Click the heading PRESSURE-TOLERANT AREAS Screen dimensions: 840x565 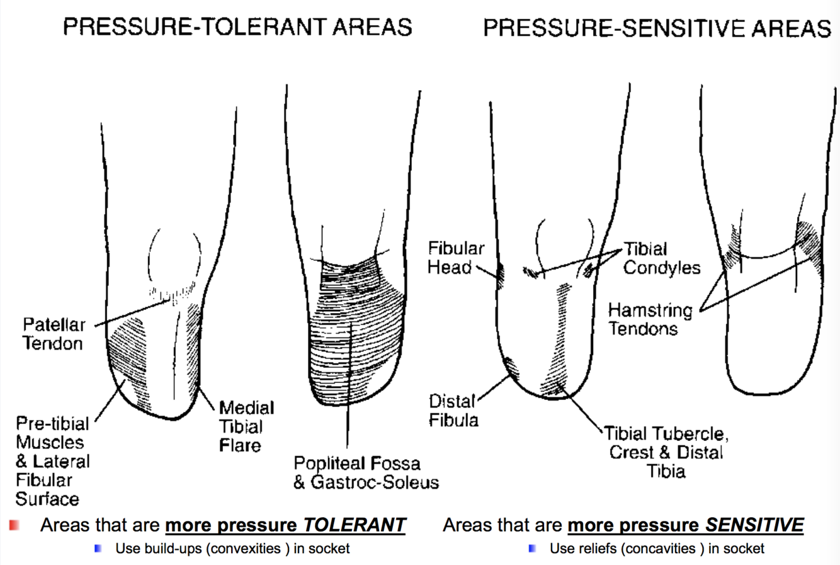coord(237,26)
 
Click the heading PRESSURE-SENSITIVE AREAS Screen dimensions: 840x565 coord(657,28)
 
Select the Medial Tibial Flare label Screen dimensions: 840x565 coord(246,426)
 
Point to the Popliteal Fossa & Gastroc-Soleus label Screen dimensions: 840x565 coord(365,473)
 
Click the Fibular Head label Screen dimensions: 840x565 coord(456,258)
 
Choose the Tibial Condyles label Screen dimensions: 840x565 coord(661,258)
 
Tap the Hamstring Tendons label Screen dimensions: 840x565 coord(649,319)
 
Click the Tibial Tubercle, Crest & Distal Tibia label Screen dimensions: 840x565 coord(666,452)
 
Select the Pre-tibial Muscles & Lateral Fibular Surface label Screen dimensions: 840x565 coord(53,461)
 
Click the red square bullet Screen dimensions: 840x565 coord(14,525)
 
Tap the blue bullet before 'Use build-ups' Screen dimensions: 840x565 coord(98,549)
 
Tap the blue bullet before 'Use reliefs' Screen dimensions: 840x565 coord(533,549)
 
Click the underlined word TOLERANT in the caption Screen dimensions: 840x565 coord(355,525)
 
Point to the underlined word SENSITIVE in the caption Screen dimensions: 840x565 coord(754,525)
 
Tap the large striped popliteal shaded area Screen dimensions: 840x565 coord(356,328)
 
